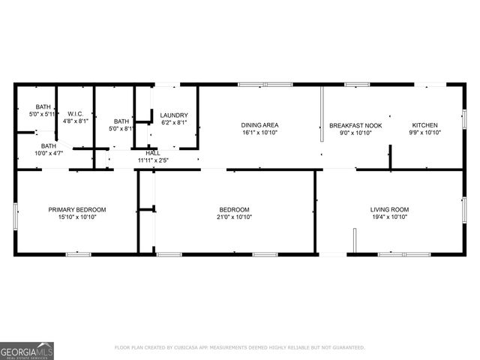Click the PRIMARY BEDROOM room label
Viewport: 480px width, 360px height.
[x=77, y=209]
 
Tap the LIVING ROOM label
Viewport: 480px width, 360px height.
[x=390, y=209]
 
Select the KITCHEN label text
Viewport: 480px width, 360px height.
[x=425, y=125]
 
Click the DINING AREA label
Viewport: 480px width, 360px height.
[x=260, y=125]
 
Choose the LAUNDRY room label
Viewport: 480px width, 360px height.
[x=173, y=115]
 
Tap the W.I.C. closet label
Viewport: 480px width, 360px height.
[x=74, y=112]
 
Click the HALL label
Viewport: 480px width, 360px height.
[x=153, y=153]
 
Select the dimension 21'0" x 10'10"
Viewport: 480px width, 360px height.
[x=235, y=217]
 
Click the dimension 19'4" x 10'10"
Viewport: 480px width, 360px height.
[x=390, y=217]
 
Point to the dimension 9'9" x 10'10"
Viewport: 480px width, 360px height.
[x=425, y=133]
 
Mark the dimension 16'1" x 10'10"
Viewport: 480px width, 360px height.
[x=260, y=133]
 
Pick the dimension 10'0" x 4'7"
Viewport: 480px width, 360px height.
[x=48, y=153]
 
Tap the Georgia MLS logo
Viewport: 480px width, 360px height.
[x=27, y=350]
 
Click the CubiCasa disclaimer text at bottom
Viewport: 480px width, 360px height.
[x=240, y=347]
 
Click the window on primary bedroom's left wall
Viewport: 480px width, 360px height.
[x=16, y=213]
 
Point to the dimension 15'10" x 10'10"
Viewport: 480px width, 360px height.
[x=77, y=217]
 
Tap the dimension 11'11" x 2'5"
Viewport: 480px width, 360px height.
[x=153, y=160]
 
